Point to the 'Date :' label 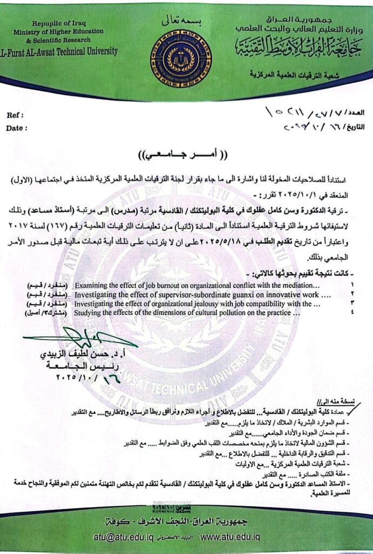pyautogui.click(x=17, y=128)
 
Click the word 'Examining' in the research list pyautogui.click(x=92, y=283)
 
